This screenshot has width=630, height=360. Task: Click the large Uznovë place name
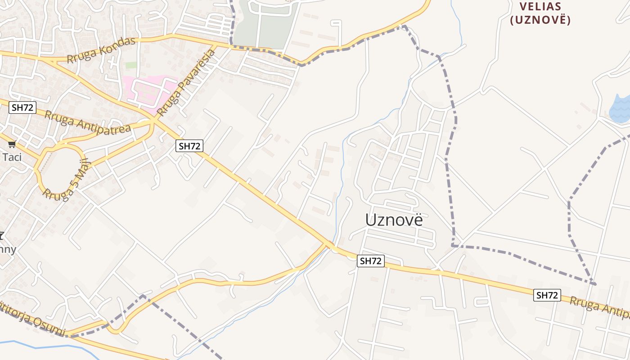tap(394, 220)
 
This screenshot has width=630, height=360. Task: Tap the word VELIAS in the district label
tap(540, 7)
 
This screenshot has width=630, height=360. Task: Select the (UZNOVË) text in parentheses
tap(540, 20)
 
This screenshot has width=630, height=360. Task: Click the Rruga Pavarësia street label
tap(186, 82)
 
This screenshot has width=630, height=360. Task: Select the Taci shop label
tap(12, 157)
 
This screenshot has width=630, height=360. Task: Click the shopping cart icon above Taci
tap(12, 144)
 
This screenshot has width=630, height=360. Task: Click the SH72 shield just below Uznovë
tap(371, 261)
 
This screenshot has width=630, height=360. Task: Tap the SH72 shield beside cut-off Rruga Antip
tap(547, 295)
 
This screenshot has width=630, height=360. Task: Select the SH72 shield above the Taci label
tap(22, 108)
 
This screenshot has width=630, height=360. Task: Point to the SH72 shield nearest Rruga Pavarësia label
tap(190, 146)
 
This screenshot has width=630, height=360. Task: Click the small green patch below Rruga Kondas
tap(131, 65)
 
